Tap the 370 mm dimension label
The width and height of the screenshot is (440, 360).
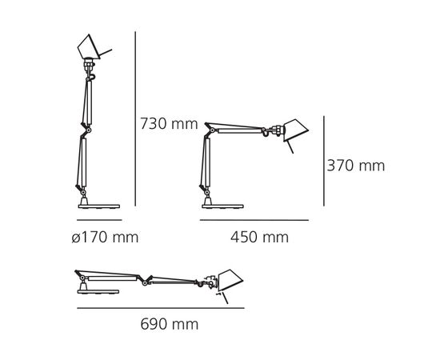point(356,166)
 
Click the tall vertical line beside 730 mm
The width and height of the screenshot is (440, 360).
point(135,124)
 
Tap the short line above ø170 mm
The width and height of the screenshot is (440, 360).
point(98,219)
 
